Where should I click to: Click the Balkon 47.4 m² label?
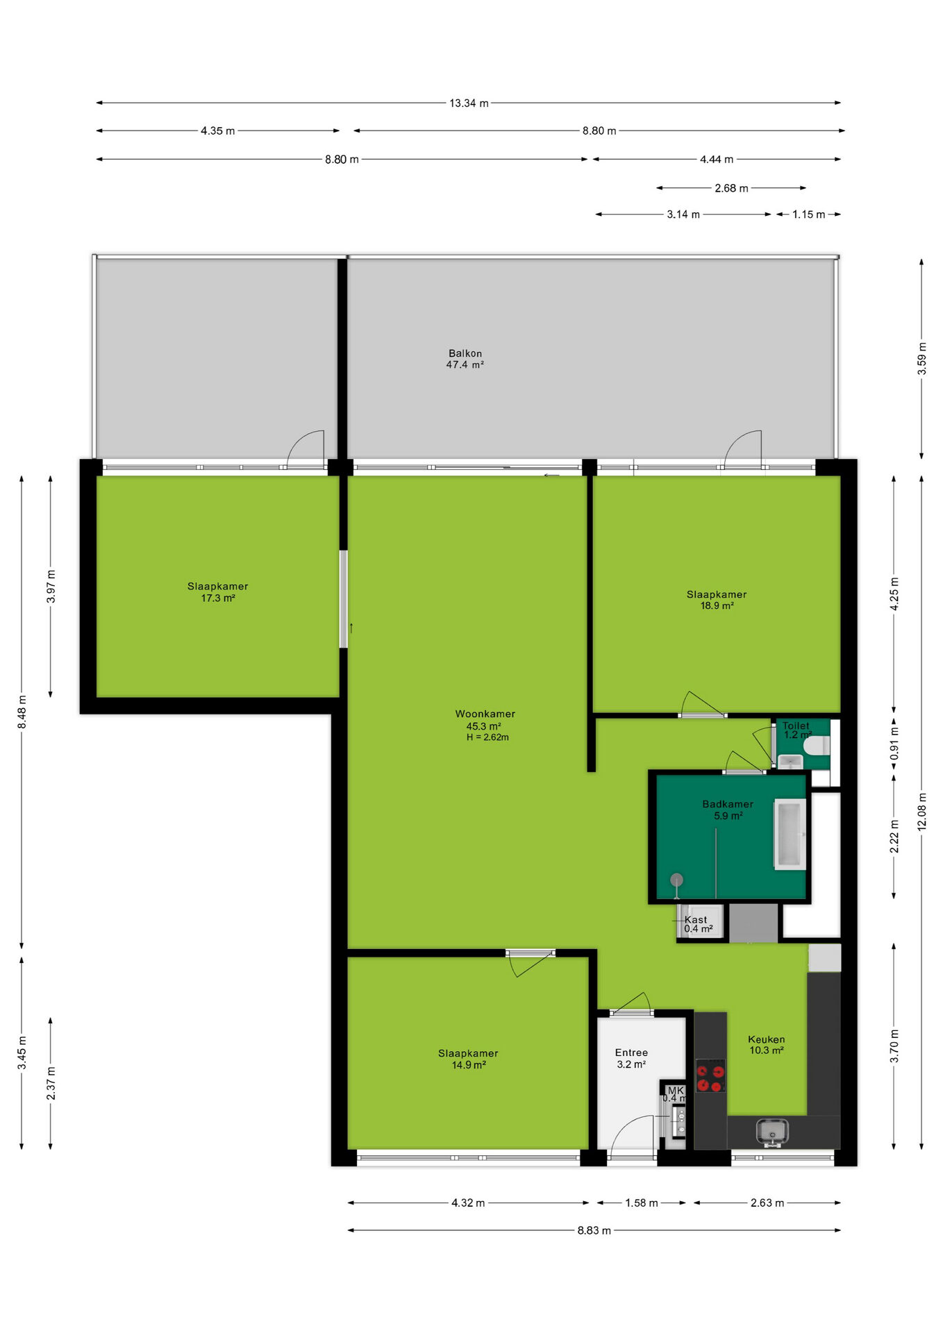pyautogui.click(x=465, y=359)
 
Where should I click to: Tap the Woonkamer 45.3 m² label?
pyautogui.click(x=485, y=720)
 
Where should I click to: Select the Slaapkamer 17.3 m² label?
pyautogui.click(x=217, y=592)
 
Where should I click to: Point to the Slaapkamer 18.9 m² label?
pyautogui.click(x=717, y=600)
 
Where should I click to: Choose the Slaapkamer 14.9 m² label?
pyautogui.click(x=468, y=1059)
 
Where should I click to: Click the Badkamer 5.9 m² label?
pyautogui.click(x=728, y=810)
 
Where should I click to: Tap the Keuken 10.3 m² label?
pyautogui.click(x=766, y=1045)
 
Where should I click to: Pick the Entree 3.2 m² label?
pyautogui.click(x=631, y=1058)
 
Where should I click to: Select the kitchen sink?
pyautogui.click(x=771, y=1132)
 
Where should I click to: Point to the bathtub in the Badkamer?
pyautogui.click(x=790, y=834)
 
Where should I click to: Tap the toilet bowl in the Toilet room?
pyautogui.click(x=816, y=746)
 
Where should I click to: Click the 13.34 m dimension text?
pyautogui.click(x=469, y=103)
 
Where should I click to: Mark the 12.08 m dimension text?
pyautogui.click(x=921, y=811)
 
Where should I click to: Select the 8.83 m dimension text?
pyautogui.click(x=594, y=1230)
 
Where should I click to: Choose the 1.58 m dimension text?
pyautogui.click(x=642, y=1202)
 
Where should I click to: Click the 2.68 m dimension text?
pyautogui.click(x=731, y=188)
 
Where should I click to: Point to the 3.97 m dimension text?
pyautogui.click(x=51, y=587)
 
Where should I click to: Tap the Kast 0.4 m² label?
pyautogui.click(x=697, y=924)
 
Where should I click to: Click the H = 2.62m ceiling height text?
pyautogui.click(x=487, y=737)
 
